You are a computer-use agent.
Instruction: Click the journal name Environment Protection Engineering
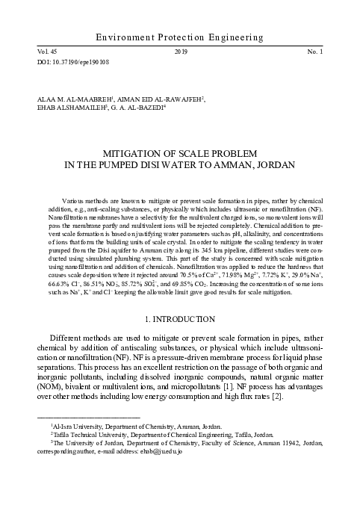click(180, 37)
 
